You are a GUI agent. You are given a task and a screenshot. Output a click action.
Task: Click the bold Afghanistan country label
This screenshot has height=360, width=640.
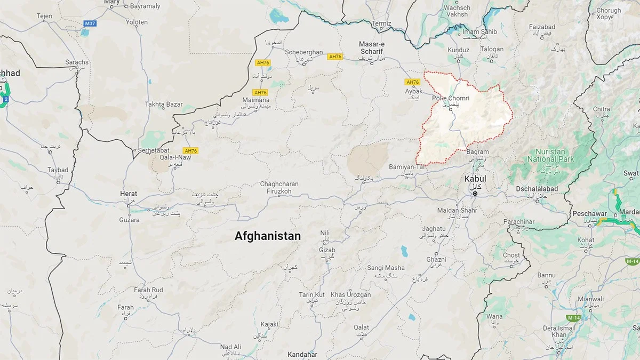point(267,236)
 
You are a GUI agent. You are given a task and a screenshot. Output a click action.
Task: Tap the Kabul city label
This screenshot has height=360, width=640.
point(475,179)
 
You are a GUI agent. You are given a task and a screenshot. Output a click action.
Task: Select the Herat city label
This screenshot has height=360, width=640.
point(129,194)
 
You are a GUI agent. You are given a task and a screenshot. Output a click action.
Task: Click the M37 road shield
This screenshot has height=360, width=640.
point(90,23)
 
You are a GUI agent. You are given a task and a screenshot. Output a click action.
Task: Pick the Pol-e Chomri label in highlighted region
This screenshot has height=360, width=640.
point(451,99)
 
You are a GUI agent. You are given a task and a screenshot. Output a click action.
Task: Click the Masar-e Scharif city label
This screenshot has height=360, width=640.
point(372,50)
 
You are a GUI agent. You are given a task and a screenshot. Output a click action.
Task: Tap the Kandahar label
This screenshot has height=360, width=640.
point(302,355)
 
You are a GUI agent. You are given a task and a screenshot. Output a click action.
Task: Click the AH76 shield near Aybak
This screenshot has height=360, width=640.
point(413,82)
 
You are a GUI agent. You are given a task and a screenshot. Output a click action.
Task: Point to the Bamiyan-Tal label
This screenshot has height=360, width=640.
point(409,167)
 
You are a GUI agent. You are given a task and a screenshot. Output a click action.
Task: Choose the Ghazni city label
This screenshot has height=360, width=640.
point(436,259)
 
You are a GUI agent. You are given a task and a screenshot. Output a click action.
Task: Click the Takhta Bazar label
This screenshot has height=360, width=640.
point(164,105)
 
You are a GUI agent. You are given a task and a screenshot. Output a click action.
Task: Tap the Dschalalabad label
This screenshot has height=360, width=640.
point(537,189)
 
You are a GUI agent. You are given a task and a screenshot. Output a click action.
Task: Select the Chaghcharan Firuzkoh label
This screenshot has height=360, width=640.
point(279,187)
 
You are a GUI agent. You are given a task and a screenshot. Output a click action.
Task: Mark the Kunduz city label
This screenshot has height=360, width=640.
point(459,50)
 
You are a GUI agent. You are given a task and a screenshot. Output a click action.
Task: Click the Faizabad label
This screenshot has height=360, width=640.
point(542,27)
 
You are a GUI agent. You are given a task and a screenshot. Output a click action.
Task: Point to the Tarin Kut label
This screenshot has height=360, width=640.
point(311,294)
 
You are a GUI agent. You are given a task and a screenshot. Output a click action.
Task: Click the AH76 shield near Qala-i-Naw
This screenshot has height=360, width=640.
point(190,151)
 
